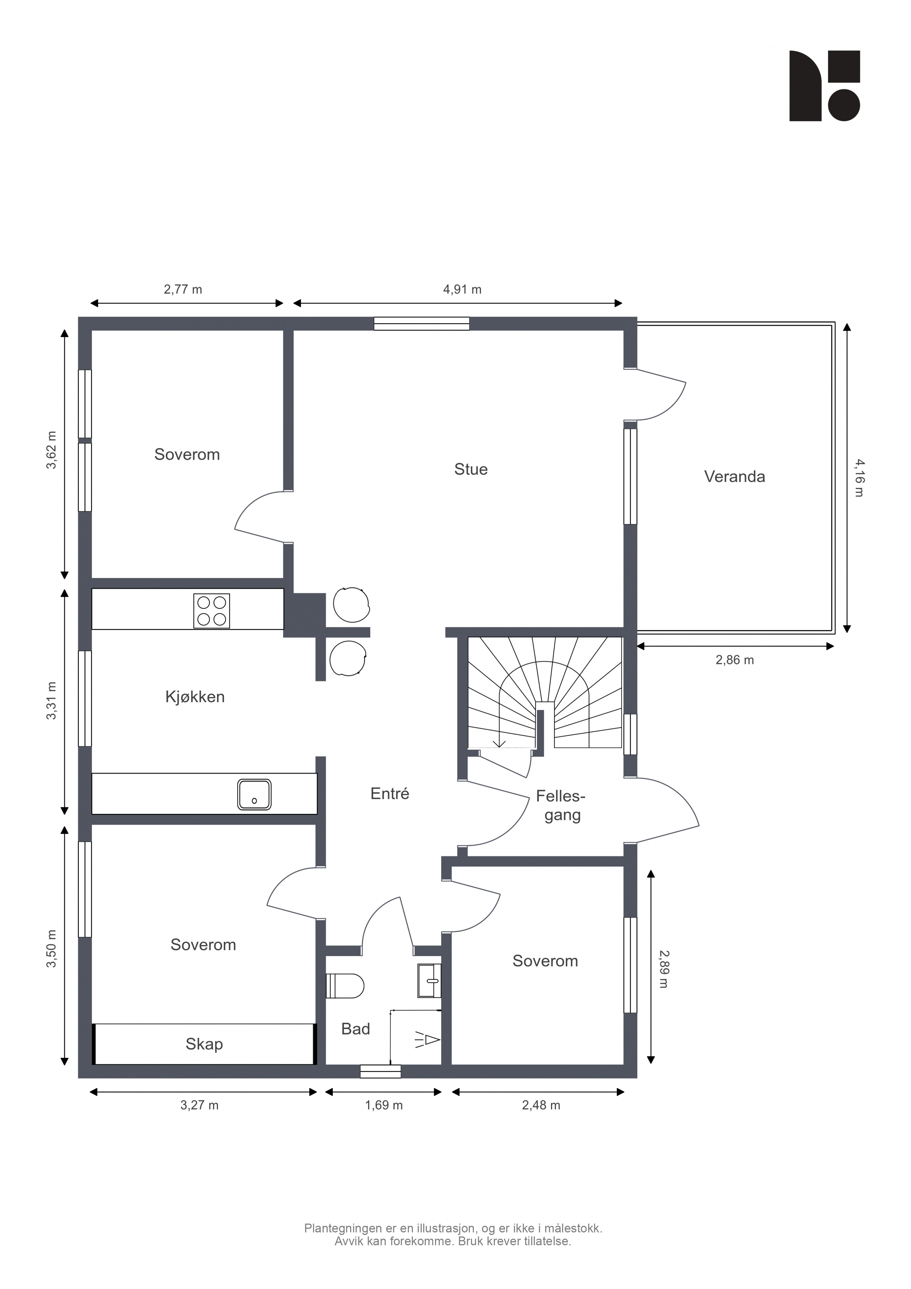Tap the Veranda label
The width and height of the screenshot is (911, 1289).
(x=734, y=477)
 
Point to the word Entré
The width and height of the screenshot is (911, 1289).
(x=389, y=793)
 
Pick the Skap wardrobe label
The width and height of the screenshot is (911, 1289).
(x=204, y=1044)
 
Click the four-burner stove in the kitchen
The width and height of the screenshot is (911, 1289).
(x=212, y=611)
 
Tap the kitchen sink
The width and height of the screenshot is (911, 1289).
(x=254, y=794)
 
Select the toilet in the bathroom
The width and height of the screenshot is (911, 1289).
(x=345, y=986)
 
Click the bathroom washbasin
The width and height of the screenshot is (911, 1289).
(x=429, y=981)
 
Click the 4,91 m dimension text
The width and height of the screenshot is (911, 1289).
(x=462, y=290)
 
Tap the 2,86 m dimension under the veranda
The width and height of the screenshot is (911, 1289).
(x=734, y=660)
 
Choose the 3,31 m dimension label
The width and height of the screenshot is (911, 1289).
(x=52, y=701)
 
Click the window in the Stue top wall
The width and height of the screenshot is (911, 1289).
(x=422, y=324)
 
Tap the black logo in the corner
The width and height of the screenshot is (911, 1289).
(x=825, y=86)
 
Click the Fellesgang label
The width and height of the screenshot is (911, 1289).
(x=561, y=805)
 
